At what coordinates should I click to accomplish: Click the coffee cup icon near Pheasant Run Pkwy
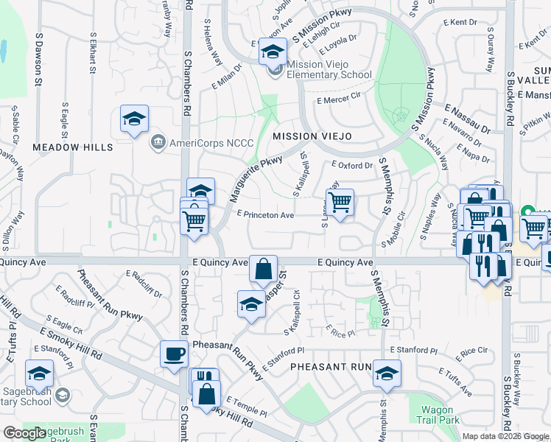[x=174, y=354]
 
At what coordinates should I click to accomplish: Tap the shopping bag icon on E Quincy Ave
[x=263, y=269]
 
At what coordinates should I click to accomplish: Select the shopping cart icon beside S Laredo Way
[x=340, y=202]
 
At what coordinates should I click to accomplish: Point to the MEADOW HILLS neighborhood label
[x=72, y=147]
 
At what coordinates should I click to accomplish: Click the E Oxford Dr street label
[x=352, y=166]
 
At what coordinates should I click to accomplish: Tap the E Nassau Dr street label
[x=467, y=118]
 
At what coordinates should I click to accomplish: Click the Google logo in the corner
[x=24, y=434]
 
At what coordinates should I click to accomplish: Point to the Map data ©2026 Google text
[x=505, y=436]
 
